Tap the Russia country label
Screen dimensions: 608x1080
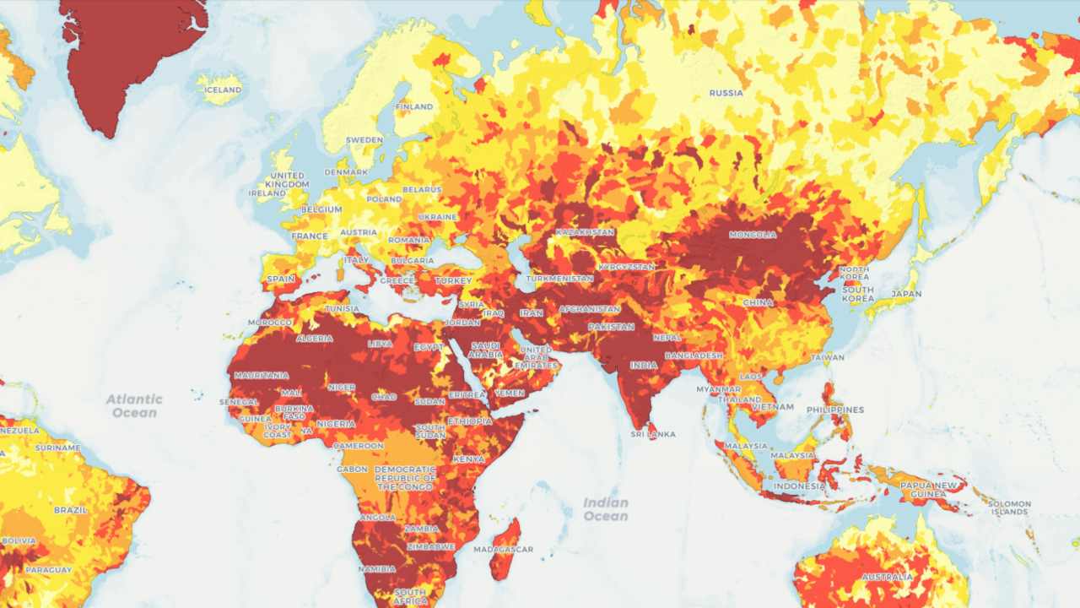point(726,93)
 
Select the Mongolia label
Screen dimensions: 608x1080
point(752,235)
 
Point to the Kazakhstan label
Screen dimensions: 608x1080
point(585,231)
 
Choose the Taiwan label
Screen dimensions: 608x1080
point(827,357)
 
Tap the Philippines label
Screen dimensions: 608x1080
point(835,410)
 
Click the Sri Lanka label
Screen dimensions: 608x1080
point(653,434)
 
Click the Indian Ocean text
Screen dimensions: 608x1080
point(606,509)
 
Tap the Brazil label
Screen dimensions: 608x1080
point(71,510)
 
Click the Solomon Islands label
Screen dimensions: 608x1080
point(1010,508)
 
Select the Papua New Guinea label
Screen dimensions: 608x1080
point(928,490)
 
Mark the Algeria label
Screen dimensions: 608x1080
point(315,338)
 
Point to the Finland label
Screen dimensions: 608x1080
point(414,107)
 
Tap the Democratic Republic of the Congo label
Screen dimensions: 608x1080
point(405,478)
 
